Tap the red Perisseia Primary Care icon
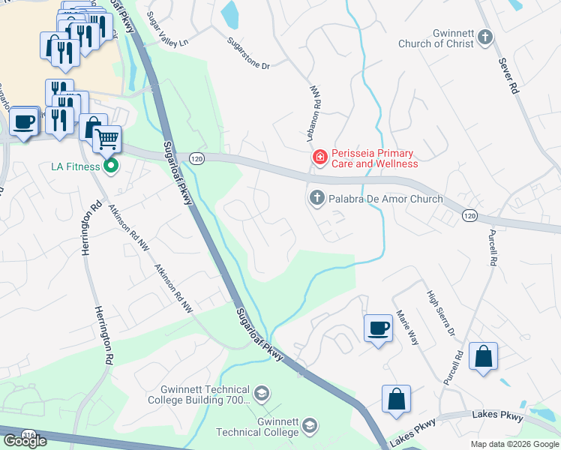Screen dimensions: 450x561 pos(319,157)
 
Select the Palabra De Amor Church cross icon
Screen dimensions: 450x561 pos(316,199)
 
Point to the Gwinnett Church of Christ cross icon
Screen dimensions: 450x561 pos(485,35)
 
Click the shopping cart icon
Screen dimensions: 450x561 pos(107,138)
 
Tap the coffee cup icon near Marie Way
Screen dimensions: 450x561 pos(378,328)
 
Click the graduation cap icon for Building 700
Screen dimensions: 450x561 pos(261,394)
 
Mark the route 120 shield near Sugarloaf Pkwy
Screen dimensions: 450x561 pos(196,158)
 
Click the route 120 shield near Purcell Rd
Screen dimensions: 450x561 pos(469,216)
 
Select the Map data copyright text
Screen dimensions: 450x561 pos(514,444)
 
